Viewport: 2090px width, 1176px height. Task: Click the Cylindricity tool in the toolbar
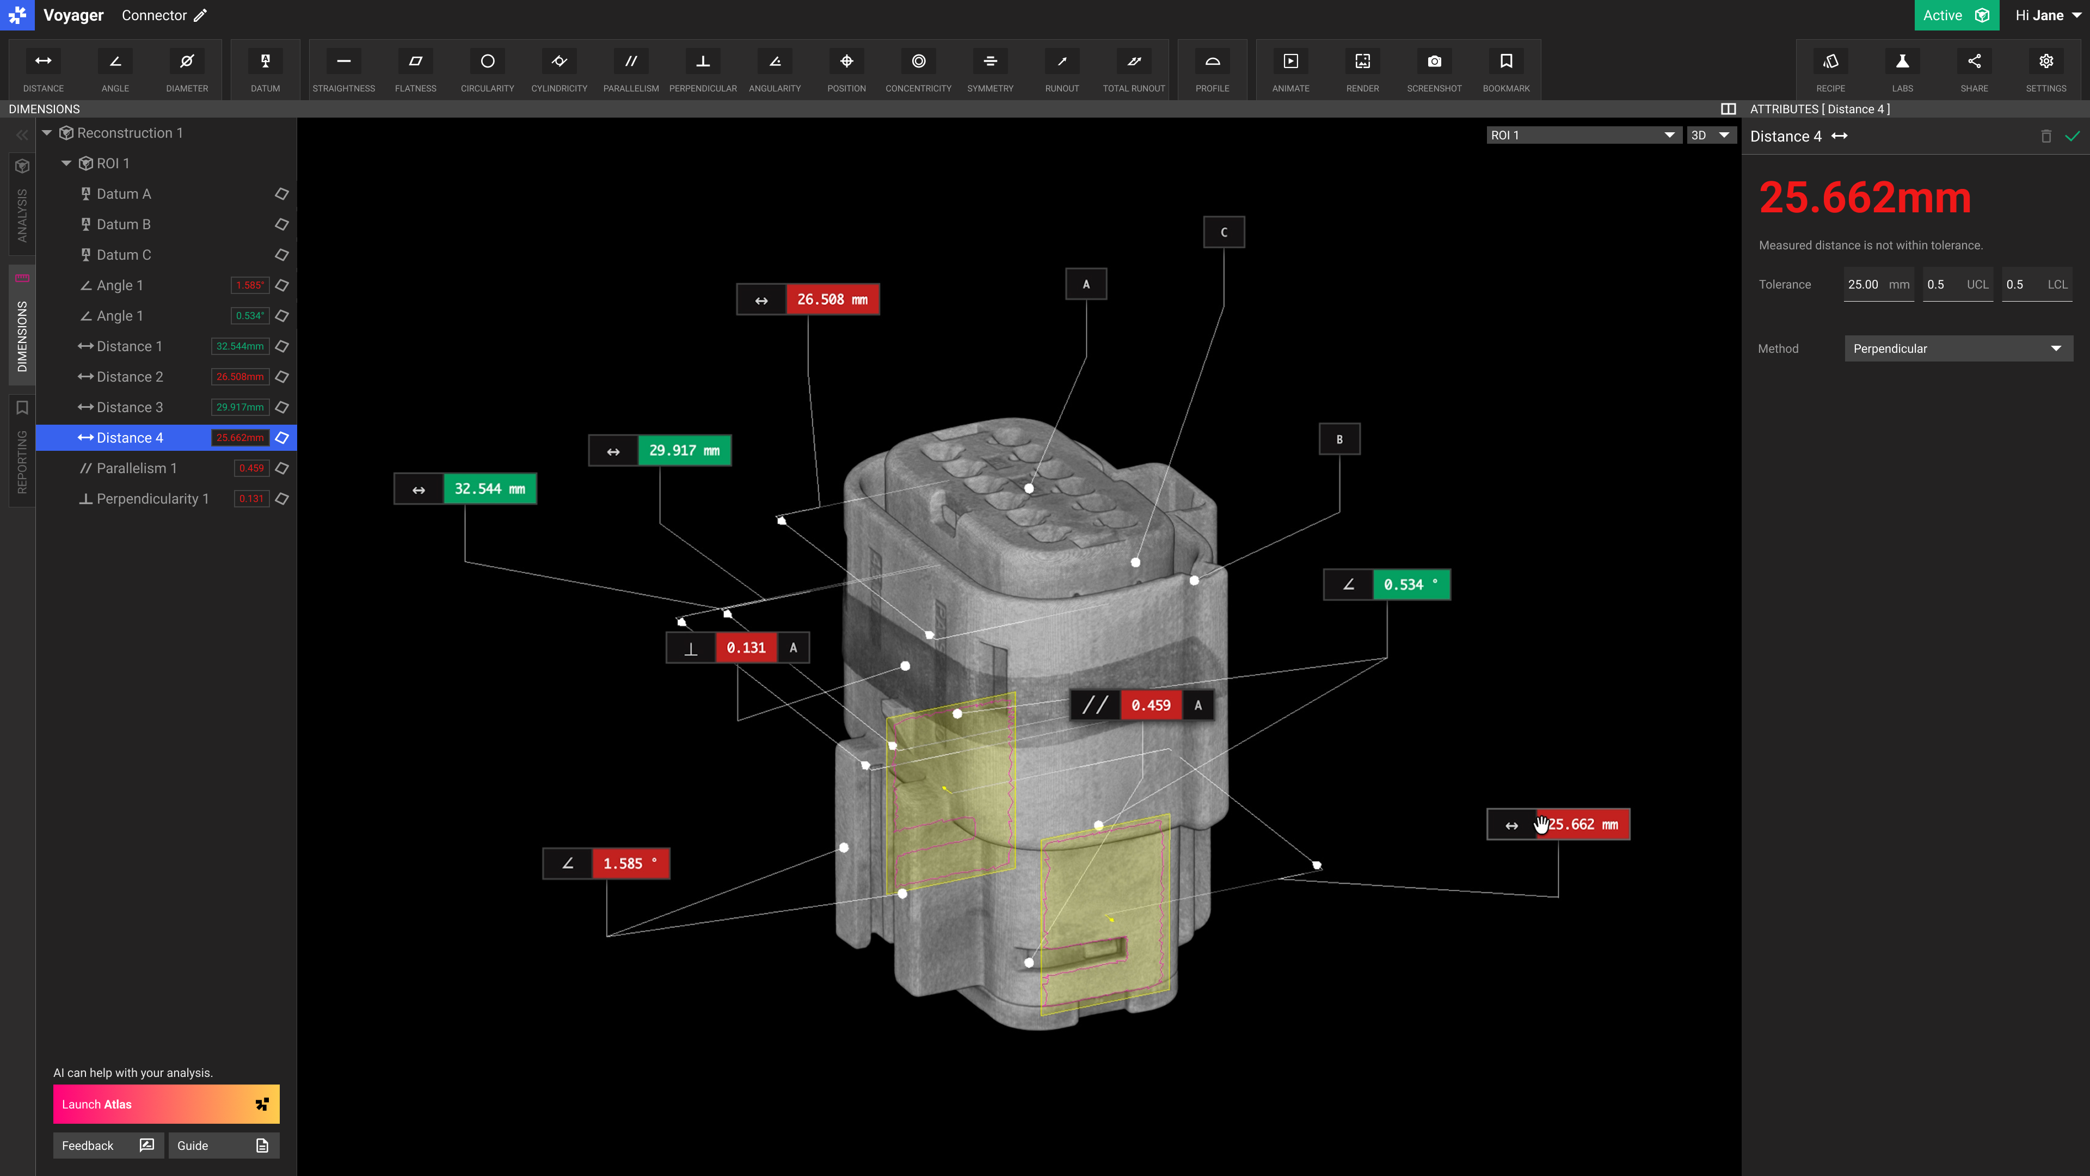(x=559, y=69)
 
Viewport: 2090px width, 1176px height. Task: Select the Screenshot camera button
(x=1434, y=69)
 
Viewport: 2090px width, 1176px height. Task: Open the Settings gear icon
(x=2045, y=69)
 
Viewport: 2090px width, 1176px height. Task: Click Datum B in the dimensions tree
(x=124, y=224)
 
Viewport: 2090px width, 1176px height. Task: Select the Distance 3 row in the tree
(x=130, y=407)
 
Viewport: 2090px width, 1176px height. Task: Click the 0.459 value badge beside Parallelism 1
(x=251, y=468)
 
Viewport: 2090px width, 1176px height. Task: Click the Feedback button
(x=108, y=1145)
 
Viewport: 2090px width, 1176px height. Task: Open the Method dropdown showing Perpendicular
(x=1958, y=349)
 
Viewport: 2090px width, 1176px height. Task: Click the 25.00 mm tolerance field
(x=1877, y=285)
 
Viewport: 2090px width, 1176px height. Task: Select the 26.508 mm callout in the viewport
(x=832, y=299)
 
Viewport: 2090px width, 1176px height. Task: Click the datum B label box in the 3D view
(x=1339, y=439)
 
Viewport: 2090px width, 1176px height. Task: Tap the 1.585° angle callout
(x=630, y=863)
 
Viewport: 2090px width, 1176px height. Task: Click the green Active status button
(x=1956, y=15)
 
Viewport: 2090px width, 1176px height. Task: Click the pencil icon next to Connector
(x=200, y=15)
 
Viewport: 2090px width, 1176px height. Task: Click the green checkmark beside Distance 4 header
(x=2072, y=136)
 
